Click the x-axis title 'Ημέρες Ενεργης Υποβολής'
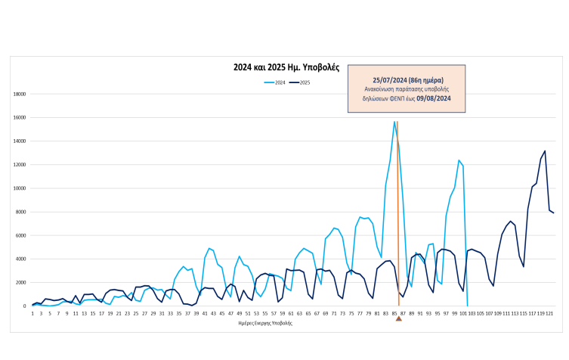[x=265, y=323]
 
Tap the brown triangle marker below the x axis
[x=398, y=318]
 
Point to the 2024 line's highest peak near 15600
[x=394, y=122]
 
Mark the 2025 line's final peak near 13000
[x=545, y=151]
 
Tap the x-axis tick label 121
[x=550, y=313]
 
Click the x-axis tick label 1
[x=32, y=313]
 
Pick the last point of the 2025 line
[x=553, y=213]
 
